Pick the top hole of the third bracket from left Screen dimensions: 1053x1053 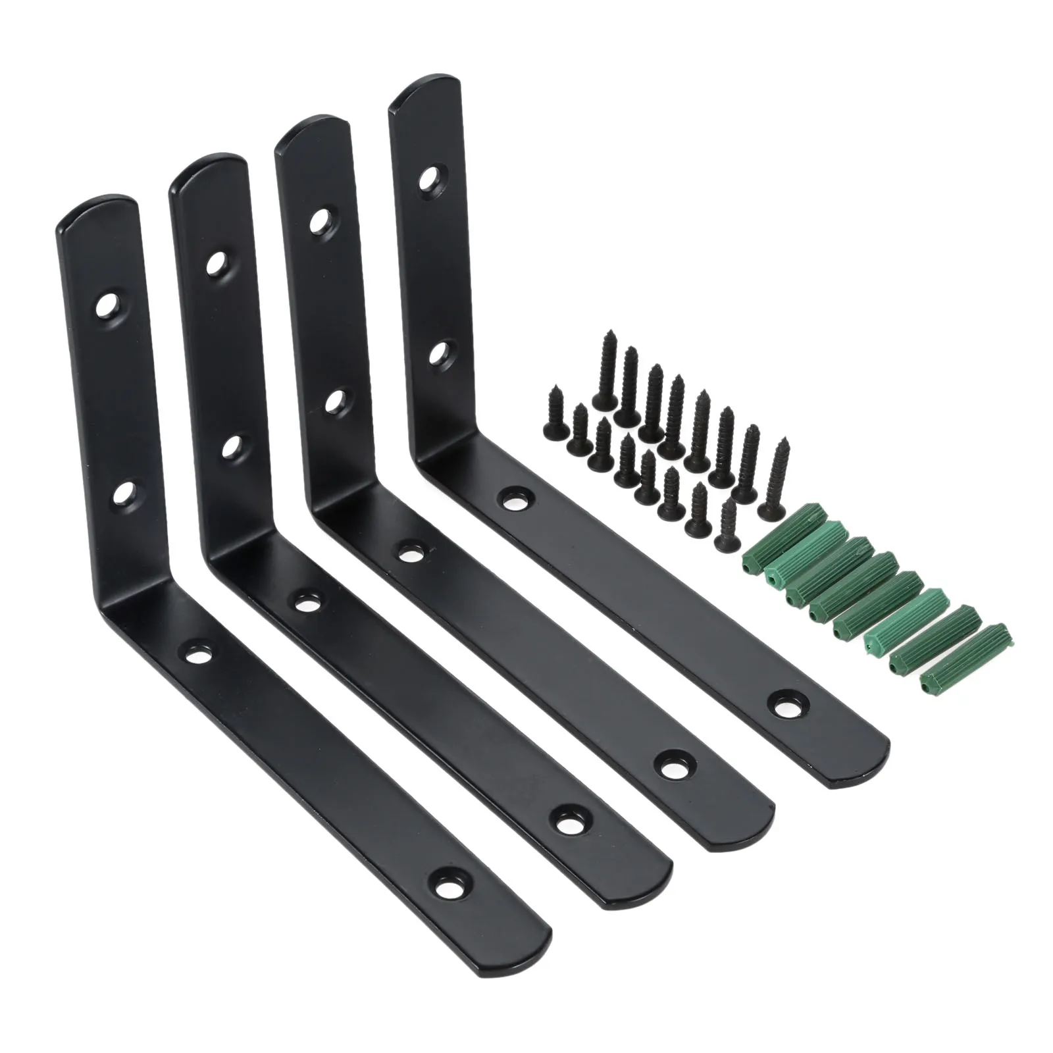321,220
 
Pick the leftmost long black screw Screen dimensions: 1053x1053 604,372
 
